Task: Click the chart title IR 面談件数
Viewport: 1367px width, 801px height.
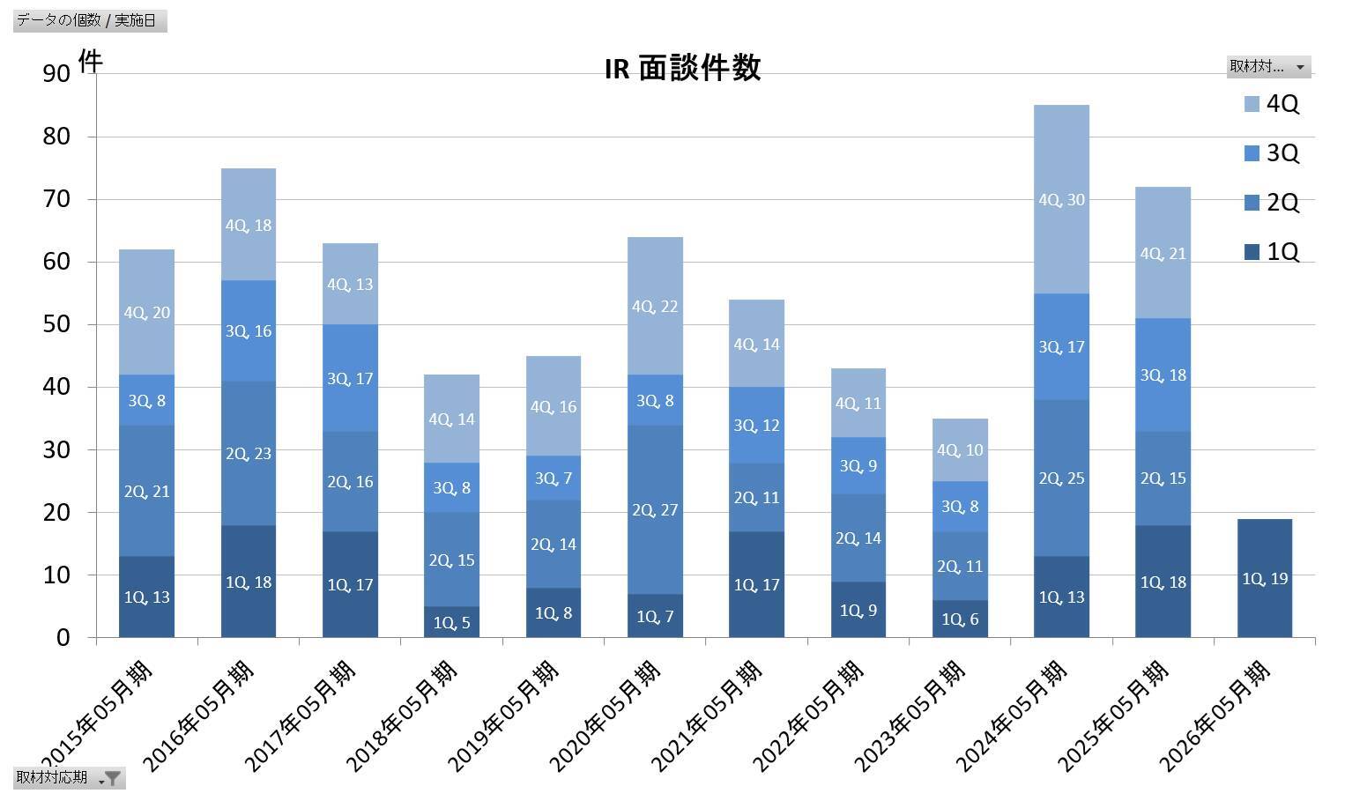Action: coord(682,69)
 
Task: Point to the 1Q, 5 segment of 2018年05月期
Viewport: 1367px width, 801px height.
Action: coord(452,622)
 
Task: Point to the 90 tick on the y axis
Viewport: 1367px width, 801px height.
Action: coord(56,74)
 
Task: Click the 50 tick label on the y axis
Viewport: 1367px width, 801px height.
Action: coord(56,324)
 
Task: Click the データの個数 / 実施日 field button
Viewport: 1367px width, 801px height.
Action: coord(90,20)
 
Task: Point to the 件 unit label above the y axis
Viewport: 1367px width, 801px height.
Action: coord(90,61)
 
